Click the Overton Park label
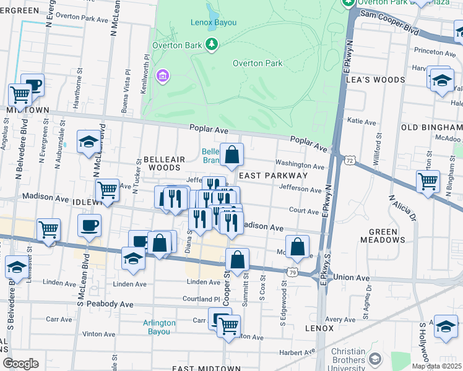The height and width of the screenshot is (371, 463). click(x=257, y=63)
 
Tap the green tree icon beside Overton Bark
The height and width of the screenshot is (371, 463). click(x=212, y=43)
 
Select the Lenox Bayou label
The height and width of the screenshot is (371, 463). click(x=213, y=23)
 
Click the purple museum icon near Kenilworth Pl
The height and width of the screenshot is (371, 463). click(x=163, y=76)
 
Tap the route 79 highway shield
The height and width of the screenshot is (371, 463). click(x=292, y=272)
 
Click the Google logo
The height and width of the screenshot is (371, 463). click(x=21, y=364)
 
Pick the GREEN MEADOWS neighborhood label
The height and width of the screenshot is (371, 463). click(x=387, y=236)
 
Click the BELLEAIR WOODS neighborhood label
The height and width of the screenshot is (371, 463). click(x=162, y=163)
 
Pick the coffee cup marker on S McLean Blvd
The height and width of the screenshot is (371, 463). click(x=89, y=225)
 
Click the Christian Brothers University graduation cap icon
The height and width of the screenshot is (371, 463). click(x=374, y=359)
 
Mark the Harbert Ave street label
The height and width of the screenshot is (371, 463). click(x=292, y=353)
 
